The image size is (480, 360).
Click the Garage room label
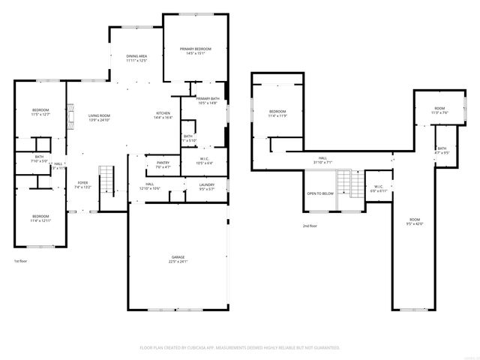pos(178,259)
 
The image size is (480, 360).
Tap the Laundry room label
pos(207,186)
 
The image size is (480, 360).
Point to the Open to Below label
pos(320,193)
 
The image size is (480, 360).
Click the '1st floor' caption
pos(21,261)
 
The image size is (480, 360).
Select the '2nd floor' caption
pos(310,226)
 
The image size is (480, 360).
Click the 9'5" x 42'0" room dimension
pos(415,223)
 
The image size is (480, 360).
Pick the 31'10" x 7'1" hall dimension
pos(322,162)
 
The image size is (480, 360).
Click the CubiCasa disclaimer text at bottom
pos(240,348)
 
